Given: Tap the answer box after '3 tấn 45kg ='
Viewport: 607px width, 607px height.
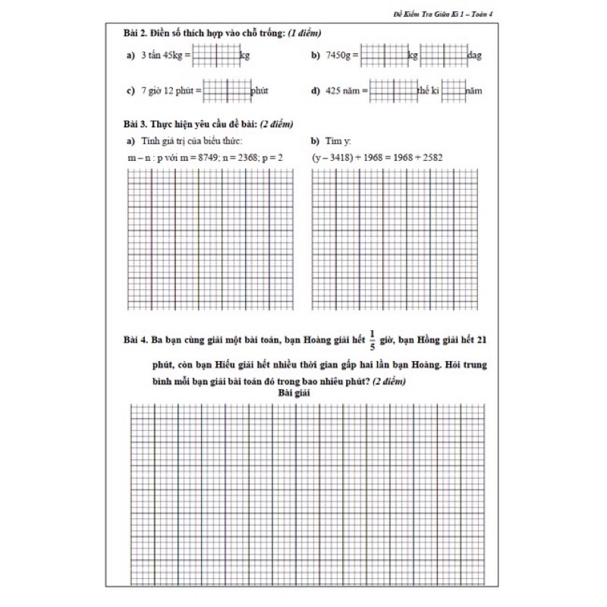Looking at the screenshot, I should (216, 55).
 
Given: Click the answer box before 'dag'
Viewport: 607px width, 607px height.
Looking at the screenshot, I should (444, 55).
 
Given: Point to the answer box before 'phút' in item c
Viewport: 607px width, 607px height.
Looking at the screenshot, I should (227, 91).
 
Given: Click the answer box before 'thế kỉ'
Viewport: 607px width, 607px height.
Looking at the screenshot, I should (393, 91).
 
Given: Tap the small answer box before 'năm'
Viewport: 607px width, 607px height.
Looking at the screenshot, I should (453, 91).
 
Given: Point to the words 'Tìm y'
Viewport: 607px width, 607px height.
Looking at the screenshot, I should (338, 141).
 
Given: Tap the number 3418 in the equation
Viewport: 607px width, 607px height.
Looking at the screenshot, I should (338, 157).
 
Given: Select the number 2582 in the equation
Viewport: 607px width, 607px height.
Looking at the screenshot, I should (430, 157).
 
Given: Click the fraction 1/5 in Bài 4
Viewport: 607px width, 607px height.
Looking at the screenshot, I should (373, 340).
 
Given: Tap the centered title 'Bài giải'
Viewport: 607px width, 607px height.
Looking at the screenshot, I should (294, 392).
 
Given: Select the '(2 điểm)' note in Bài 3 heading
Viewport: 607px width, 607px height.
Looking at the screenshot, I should (276, 124).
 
